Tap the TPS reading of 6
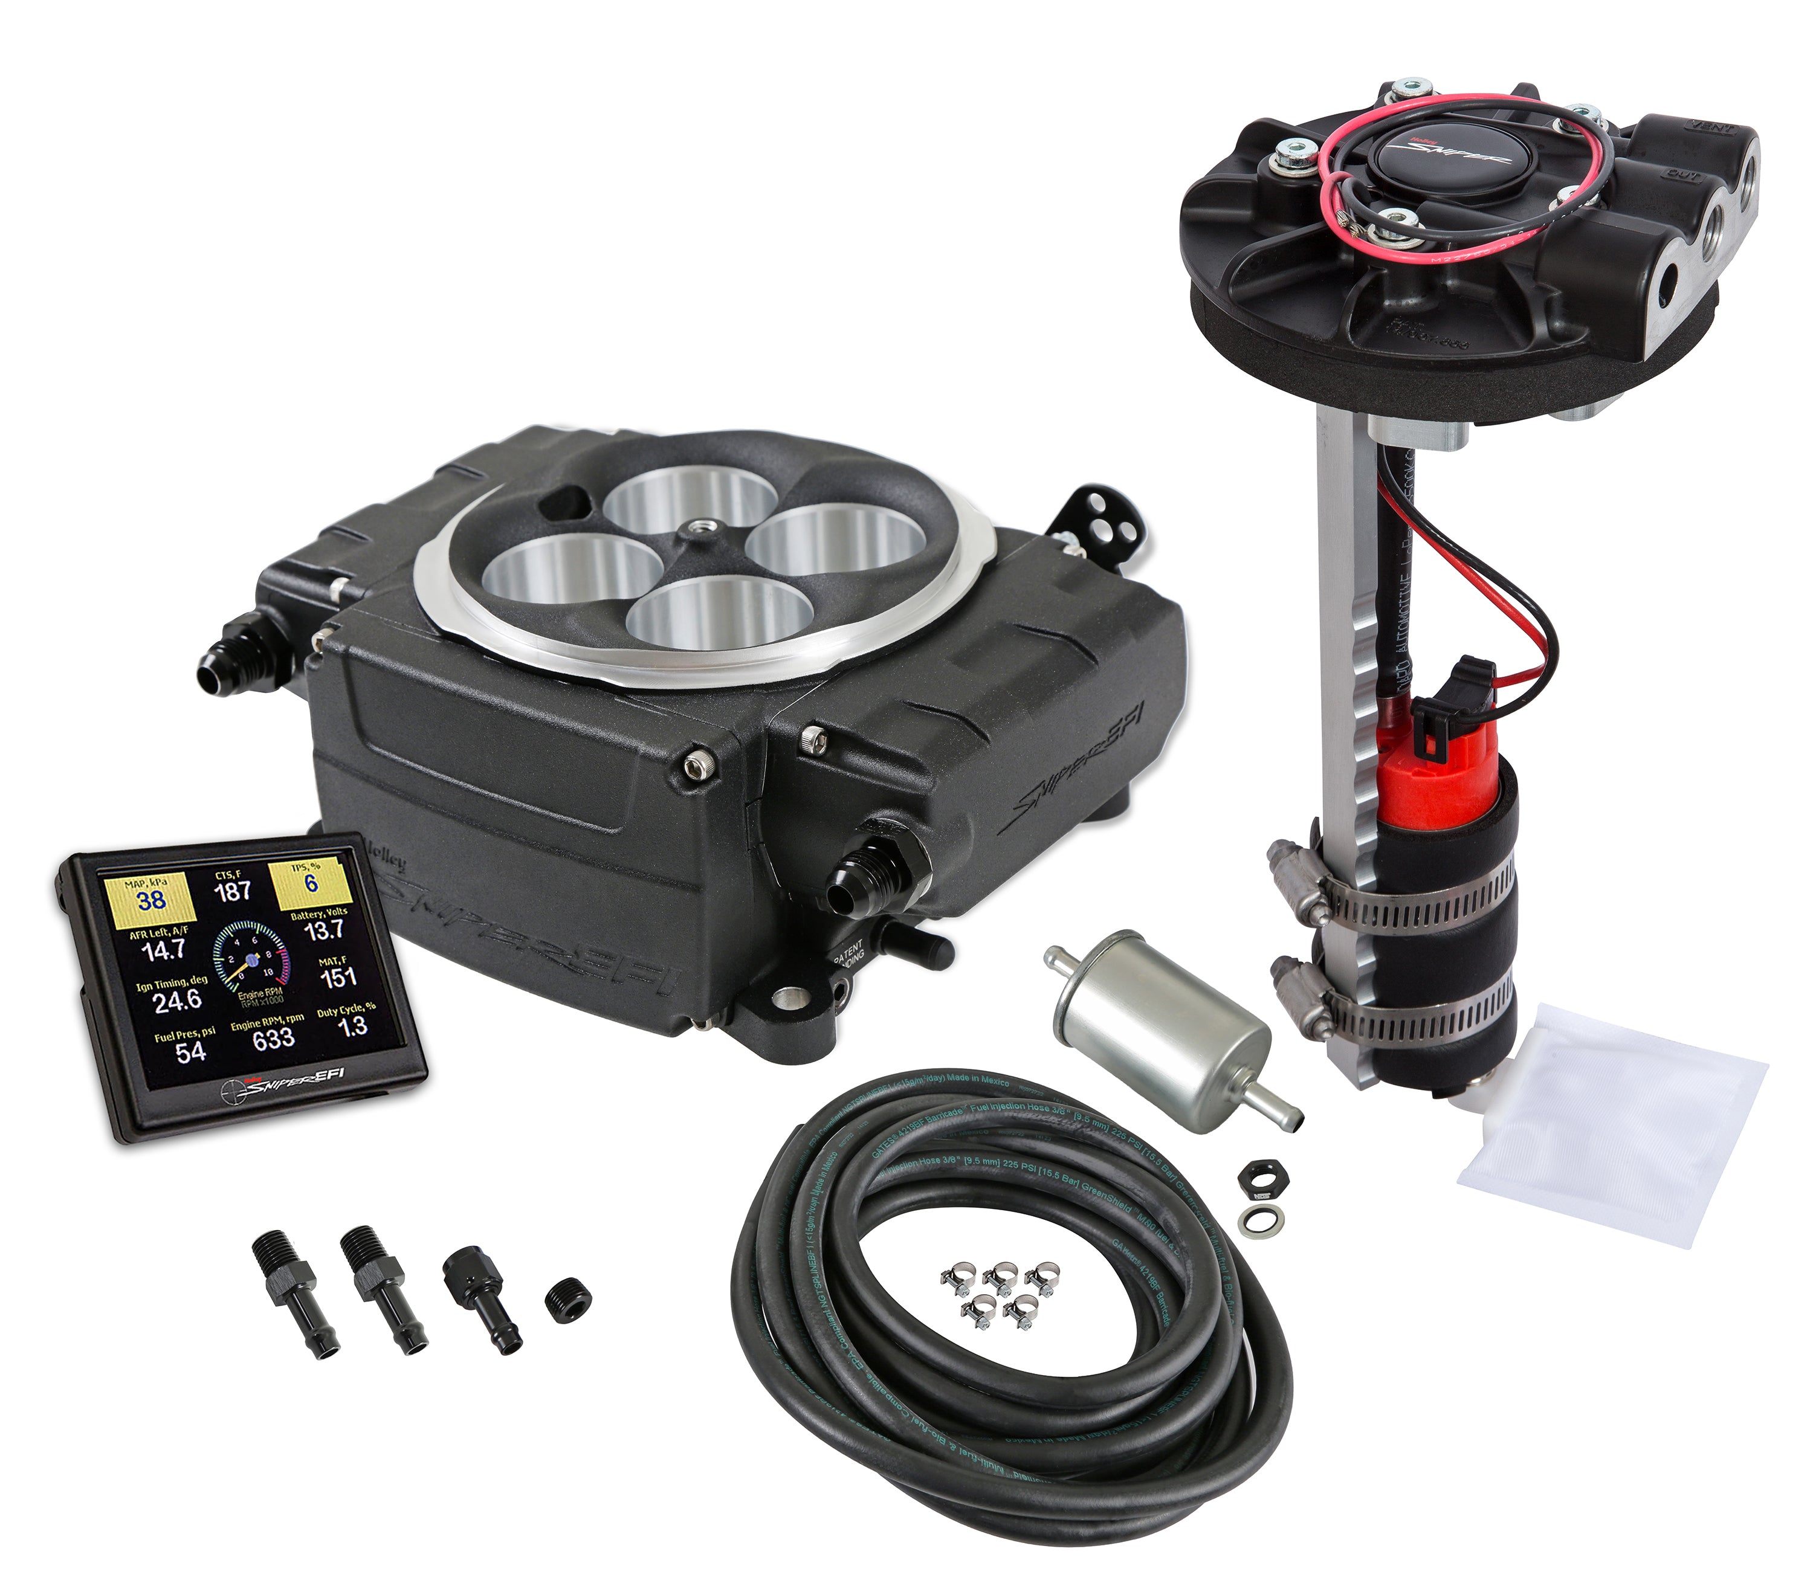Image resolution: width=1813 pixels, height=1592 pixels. [311, 883]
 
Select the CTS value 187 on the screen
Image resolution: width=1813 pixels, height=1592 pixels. [233, 891]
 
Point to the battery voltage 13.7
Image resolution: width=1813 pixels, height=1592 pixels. [324, 930]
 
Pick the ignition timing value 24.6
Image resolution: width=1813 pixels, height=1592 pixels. [178, 1001]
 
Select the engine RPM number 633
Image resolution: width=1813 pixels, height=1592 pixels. [273, 1039]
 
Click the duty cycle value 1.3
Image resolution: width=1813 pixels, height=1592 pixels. [353, 1026]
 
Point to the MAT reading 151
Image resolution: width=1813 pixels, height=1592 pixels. [338, 978]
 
